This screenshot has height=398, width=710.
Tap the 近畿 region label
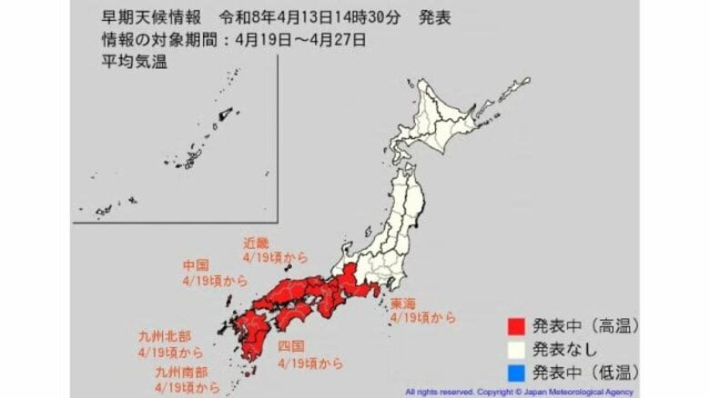(256, 243)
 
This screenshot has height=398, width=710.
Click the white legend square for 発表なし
(514, 348)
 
